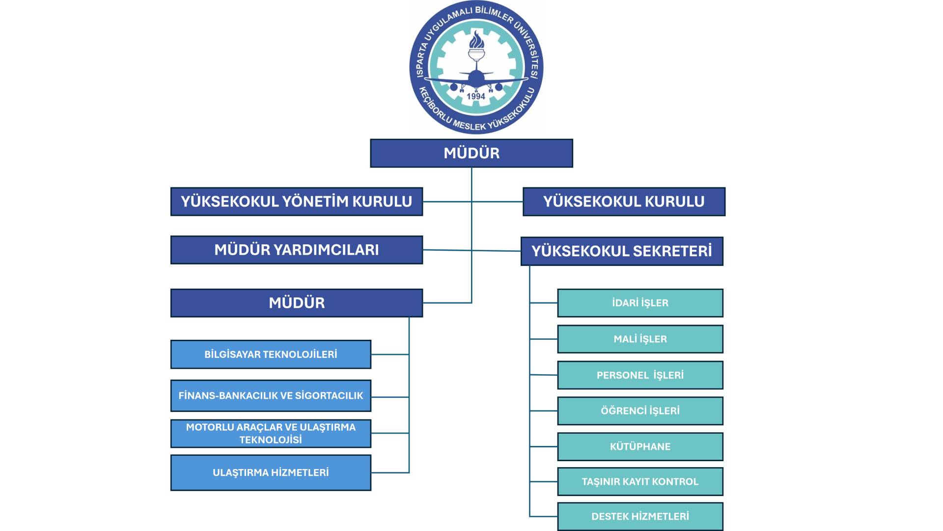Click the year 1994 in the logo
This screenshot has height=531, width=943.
pyautogui.click(x=476, y=96)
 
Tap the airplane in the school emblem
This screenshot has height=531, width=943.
pyautogui.click(x=476, y=79)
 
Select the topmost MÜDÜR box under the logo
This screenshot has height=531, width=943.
pyautogui.click(x=471, y=153)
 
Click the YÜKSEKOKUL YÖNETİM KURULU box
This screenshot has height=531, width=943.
pyautogui.click(x=297, y=202)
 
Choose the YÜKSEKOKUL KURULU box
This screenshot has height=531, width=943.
pyautogui.click(x=624, y=202)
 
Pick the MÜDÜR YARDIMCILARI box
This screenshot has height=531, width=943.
pyautogui.click(x=297, y=250)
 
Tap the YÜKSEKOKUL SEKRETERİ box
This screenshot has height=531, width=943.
pyautogui.click(x=622, y=251)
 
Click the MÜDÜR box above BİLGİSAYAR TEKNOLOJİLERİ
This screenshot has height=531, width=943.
pyautogui.click(x=297, y=303)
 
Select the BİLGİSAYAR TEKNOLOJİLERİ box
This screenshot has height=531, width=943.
pyautogui.click(x=271, y=354)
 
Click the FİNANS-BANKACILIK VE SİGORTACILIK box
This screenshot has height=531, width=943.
pyautogui.click(x=271, y=396)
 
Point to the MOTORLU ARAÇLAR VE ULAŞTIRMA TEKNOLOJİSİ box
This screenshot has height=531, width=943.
pyautogui.click(x=271, y=434)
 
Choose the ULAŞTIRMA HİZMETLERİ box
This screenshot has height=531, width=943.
pyautogui.click(x=271, y=472)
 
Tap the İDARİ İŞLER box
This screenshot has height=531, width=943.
pyautogui.click(x=640, y=303)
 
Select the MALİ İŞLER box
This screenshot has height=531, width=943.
pyautogui.click(x=640, y=339)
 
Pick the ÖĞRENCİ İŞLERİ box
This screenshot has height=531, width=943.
pyautogui.click(x=640, y=411)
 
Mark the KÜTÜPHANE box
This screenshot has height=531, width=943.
pyautogui.click(x=640, y=447)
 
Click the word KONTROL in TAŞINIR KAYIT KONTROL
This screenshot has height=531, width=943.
pyautogui.click(x=675, y=482)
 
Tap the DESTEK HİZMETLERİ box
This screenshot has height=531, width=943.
pyautogui.click(x=640, y=517)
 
